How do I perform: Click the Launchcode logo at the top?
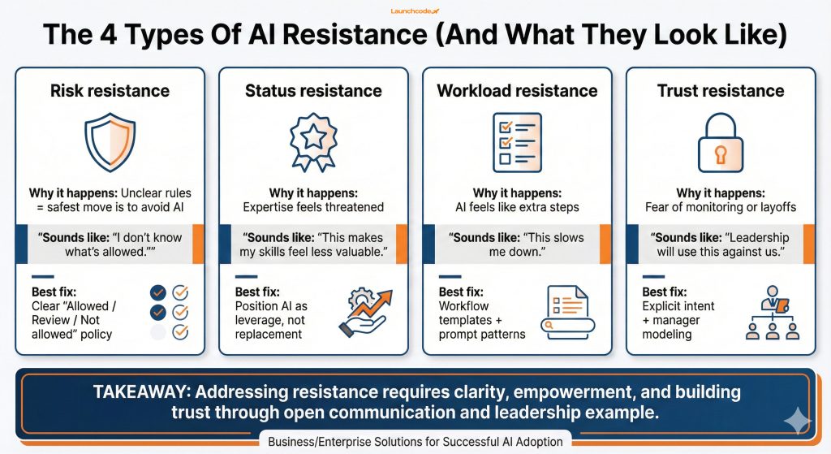point(415,10)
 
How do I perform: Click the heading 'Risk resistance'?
point(110,91)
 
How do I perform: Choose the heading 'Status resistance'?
point(313,91)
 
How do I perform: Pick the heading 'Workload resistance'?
point(517,91)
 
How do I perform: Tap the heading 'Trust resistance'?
point(721,91)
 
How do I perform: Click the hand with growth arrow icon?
point(362,313)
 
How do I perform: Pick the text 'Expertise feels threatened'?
point(313,207)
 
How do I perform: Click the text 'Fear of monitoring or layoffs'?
point(721,207)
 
